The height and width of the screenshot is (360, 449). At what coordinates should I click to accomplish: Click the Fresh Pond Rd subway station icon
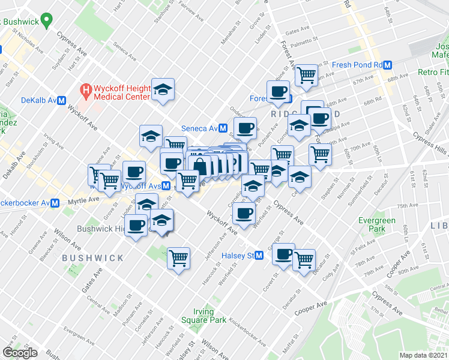[388, 65]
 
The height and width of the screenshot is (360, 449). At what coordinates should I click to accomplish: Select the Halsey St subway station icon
[259, 255]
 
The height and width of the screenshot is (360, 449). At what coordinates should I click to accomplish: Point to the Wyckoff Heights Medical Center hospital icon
[85, 91]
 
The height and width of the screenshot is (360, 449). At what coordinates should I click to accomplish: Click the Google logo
[20, 352]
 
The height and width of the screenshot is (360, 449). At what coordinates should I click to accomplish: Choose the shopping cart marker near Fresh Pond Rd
[306, 75]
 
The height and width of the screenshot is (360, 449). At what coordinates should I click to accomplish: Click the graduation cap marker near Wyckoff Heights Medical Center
[163, 89]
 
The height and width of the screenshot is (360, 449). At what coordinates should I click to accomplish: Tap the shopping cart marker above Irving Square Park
[178, 259]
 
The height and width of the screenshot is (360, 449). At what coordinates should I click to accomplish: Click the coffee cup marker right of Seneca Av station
[245, 128]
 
